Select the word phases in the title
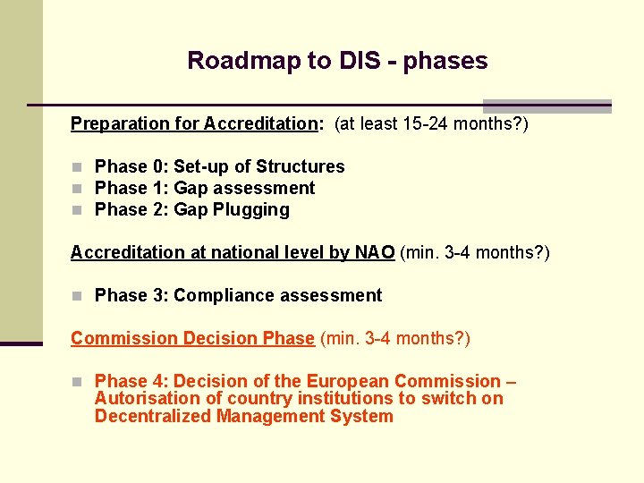445,62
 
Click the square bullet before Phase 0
78,167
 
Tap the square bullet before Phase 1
78,189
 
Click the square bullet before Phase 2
78,210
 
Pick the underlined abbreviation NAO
374,252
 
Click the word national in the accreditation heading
229,252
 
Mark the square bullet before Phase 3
78,296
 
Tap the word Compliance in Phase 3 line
215,295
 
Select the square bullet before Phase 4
78,382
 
